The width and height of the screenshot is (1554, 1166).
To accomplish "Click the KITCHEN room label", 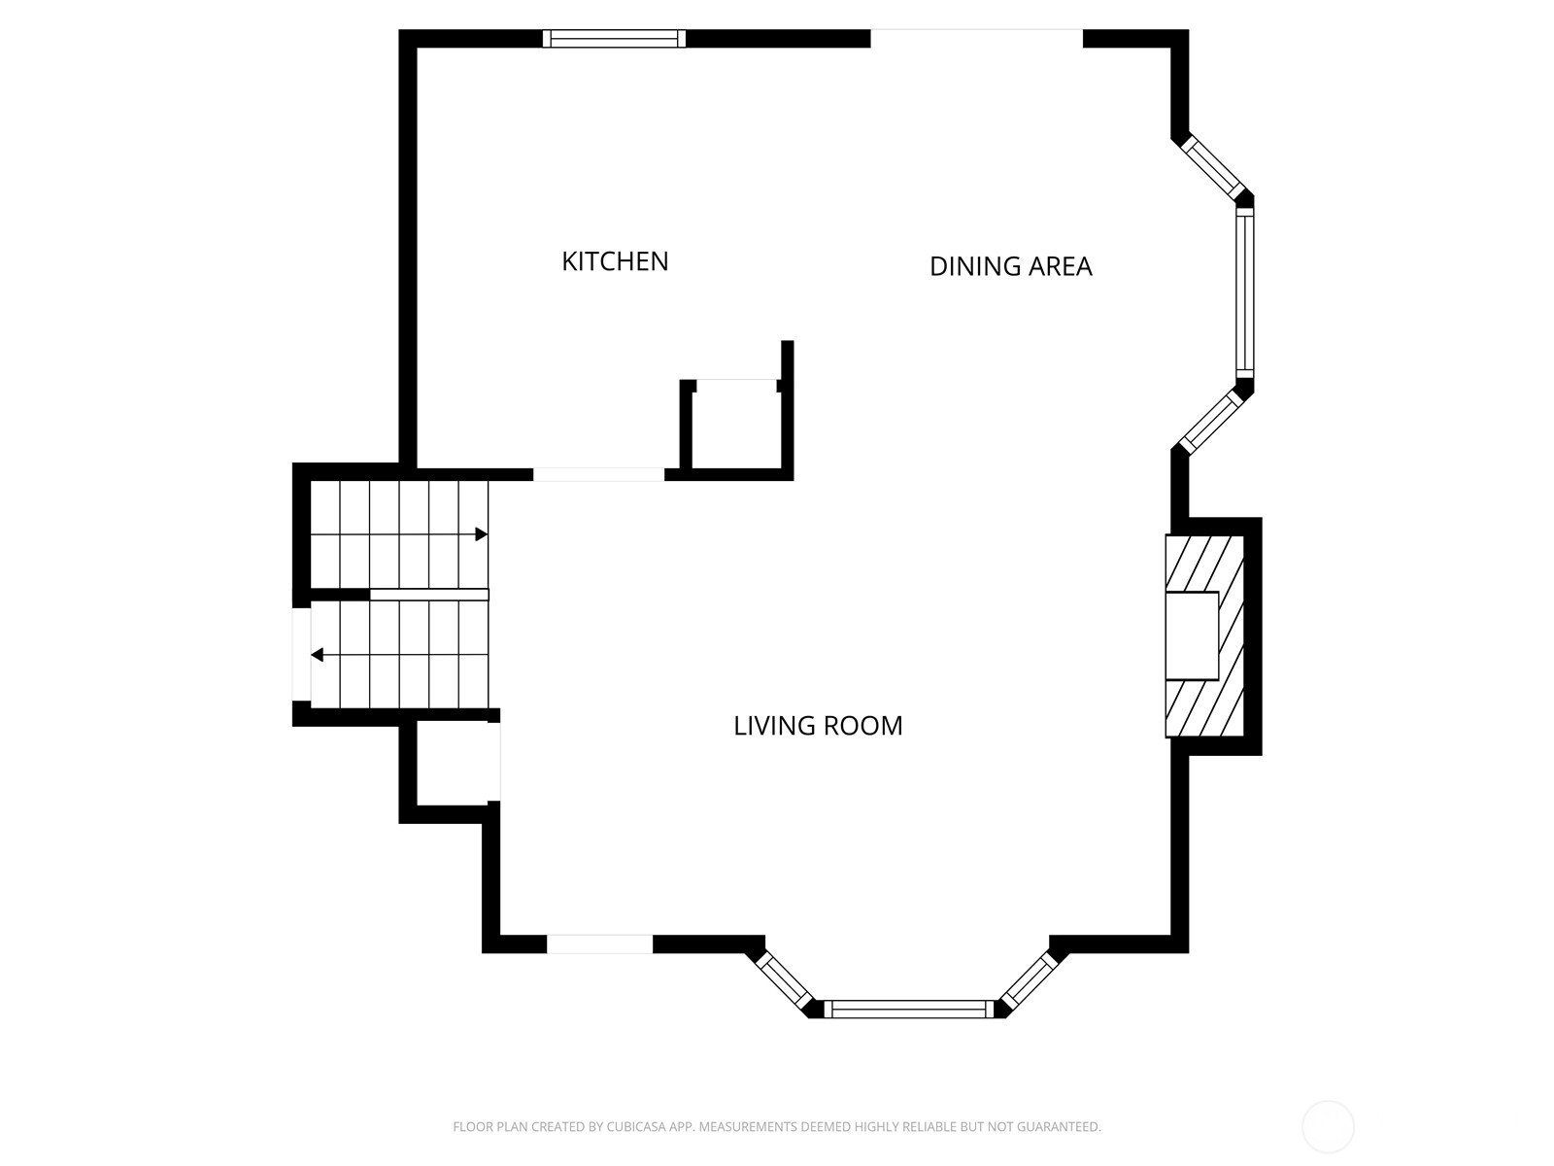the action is [615, 261].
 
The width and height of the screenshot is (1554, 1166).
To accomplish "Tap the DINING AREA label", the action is [1010, 266].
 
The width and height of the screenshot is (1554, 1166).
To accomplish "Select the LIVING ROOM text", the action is [818, 726].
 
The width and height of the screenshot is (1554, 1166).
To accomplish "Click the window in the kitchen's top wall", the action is [614, 38].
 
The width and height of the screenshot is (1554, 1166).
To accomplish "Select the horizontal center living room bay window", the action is [909, 1009].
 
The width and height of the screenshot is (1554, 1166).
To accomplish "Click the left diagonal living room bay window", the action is [785, 982].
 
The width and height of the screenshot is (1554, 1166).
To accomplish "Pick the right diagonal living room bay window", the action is [1029, 981].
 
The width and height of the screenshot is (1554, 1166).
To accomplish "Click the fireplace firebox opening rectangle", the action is [1193, 635].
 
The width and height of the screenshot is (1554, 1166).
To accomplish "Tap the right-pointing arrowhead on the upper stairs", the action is [482, 533].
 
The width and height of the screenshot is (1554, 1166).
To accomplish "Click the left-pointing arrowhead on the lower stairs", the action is [318, 655].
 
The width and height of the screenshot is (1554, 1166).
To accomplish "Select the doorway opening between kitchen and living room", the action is [598, 474].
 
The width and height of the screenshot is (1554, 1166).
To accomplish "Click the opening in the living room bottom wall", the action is [599, 943].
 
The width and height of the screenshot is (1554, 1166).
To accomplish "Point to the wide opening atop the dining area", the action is [976, 38].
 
